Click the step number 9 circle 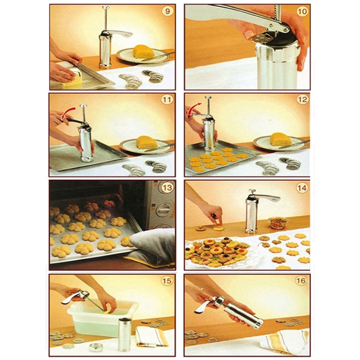tap(167, 11)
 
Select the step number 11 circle tap(167, 100)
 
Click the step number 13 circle tap(167, 188)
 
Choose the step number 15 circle tap(167, 281)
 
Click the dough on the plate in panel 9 tap(144, 51)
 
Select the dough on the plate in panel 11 tap(146, 142)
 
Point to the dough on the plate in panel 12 tap(280, 139)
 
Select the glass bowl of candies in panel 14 tap(278, 223)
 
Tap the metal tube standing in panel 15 tap(124, 334)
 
